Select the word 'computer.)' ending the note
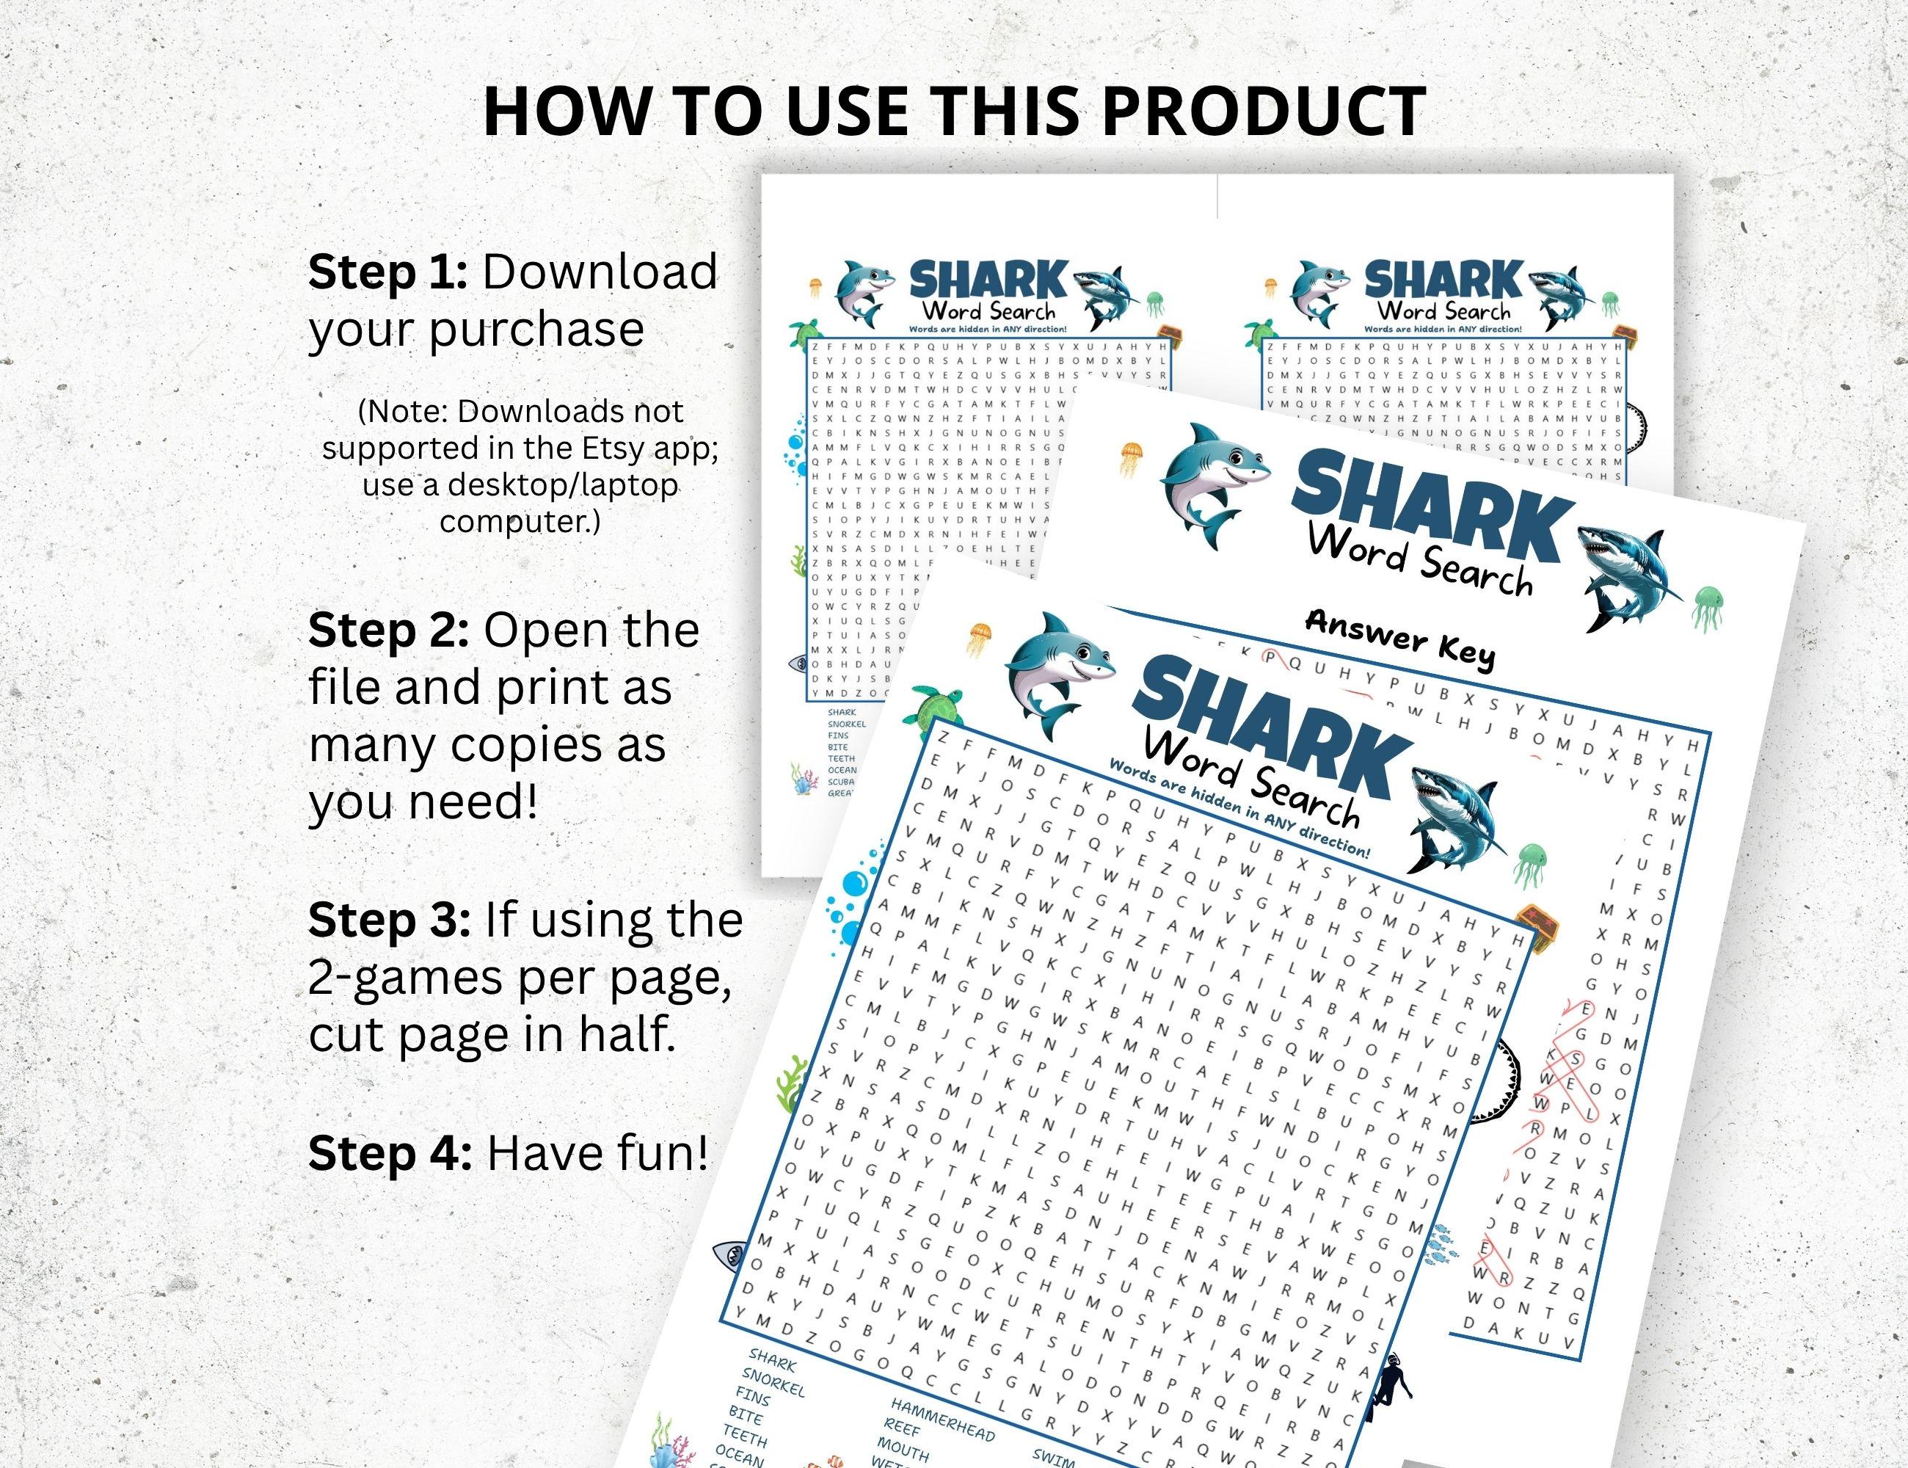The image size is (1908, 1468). point(520,522)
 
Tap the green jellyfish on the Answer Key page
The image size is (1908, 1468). point(1709,609)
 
